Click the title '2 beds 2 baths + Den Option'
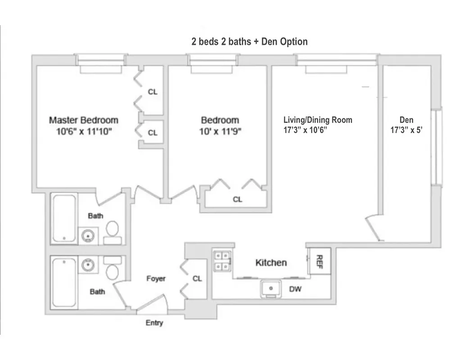249,42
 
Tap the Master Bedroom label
84,120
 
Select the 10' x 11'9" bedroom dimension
220,132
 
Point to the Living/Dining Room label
317,120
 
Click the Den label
406,120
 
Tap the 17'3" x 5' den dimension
406,130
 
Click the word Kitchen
271,262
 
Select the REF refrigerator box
320,261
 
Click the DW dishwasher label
295,289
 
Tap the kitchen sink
271,288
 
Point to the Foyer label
156,279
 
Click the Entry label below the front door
154,323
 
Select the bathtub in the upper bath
63,218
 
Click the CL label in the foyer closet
197,279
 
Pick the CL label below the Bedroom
237,199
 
